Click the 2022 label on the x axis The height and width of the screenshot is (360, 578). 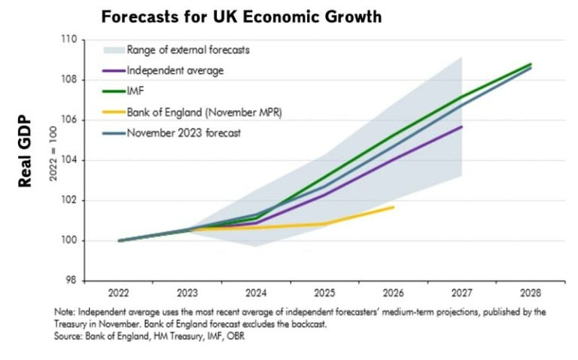[x=121, y=292]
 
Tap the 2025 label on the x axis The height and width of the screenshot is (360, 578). [x=324, y=292]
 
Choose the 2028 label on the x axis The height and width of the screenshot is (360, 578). [x=531, y=292]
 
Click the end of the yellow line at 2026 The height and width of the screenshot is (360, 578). [x=393, y=206]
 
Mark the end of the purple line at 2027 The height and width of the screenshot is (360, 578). [x=461, y=127]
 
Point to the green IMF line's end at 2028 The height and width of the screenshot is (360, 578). [x=531, y=64]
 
